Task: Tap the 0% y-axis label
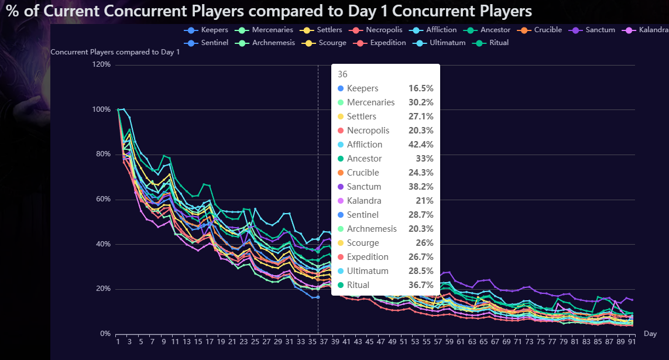(105, 334)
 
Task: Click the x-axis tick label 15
(198, 341)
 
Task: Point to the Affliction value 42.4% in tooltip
(420, 145)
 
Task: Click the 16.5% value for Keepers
(420, 88)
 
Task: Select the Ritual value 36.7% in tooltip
(420, 285)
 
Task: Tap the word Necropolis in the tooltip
(368, 131)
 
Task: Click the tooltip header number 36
(342, 74)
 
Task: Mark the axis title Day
(650, 334)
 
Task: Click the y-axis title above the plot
(115, 52)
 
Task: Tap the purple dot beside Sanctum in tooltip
(341, 187)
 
